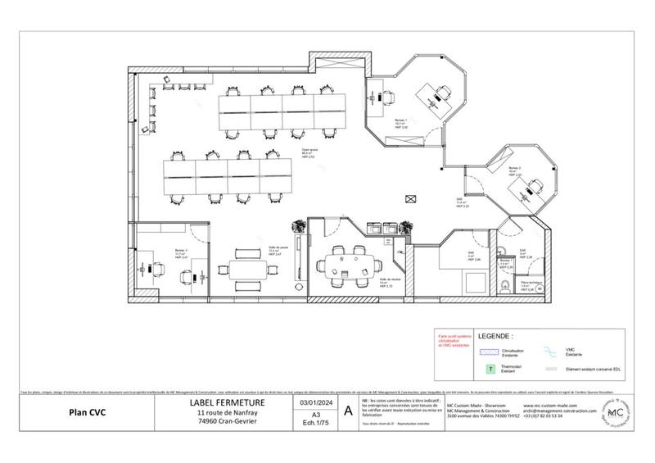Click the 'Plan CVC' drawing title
(84, 411)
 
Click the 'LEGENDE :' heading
(495, 336)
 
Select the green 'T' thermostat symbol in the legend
(490, 370)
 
